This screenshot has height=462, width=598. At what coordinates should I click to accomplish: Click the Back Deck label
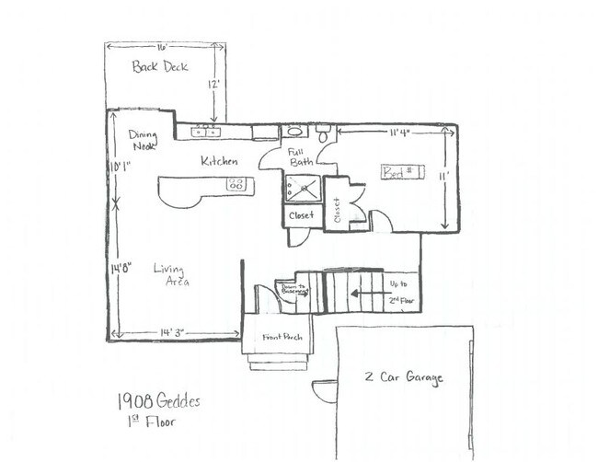160,66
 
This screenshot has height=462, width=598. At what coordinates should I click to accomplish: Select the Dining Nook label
143,140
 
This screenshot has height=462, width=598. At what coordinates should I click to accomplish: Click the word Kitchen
220,161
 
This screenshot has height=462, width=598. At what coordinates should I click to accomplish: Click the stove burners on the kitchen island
236,185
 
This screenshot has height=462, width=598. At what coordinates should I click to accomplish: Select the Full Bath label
300,156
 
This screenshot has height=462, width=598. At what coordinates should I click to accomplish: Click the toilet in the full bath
323,133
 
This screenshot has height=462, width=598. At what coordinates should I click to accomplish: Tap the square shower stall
303,190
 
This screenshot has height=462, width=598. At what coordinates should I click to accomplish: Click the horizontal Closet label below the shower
301,215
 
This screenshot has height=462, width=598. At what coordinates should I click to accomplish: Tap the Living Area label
171,275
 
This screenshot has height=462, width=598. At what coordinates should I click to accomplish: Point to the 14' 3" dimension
173,331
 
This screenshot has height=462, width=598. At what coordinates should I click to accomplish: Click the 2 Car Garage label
404,378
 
